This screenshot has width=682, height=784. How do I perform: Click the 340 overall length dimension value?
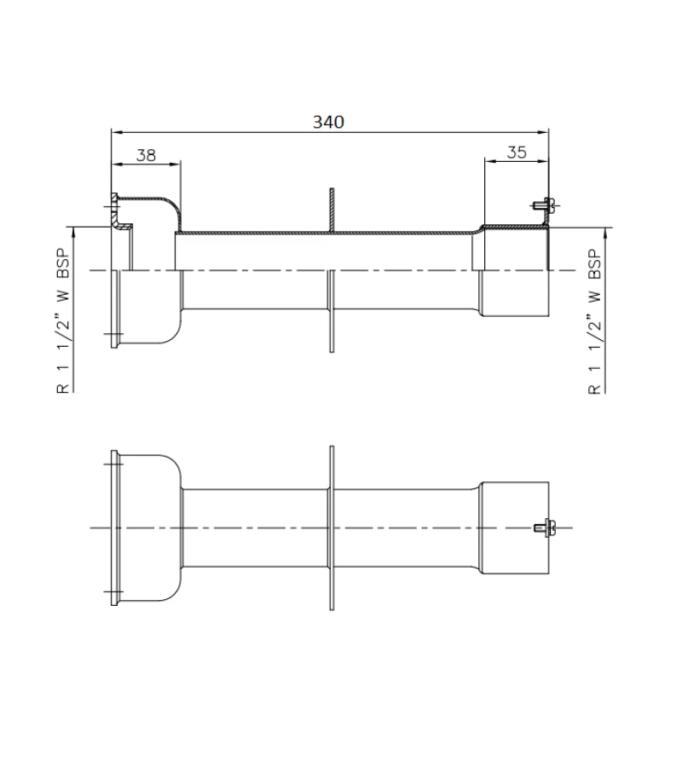coord(328,122)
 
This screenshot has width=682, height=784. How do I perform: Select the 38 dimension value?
coord(146,154)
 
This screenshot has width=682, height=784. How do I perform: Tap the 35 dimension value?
coord(516,153)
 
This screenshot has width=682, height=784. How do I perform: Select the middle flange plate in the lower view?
coord(331,528)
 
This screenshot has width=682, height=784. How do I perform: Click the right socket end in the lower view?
coord(514,528)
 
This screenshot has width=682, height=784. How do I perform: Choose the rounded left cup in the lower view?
coord(153,528)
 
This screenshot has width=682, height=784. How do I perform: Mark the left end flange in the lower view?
coord(116,528)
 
